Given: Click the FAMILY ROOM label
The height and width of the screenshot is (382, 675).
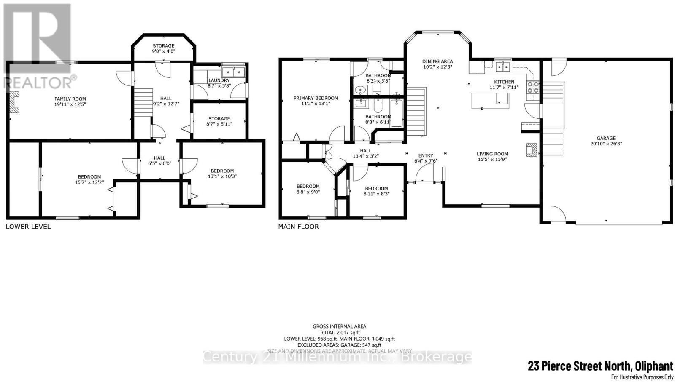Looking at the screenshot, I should pyautogui.click(x=70, y=99).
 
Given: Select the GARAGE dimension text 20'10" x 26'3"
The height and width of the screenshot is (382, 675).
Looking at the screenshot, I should pyautogui.click(x=606, y=144).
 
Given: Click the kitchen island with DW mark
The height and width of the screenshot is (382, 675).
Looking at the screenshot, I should pyautogui.click(x=490, y=101).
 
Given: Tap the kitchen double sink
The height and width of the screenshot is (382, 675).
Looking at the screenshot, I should pyautogui.click(x=502, y=66).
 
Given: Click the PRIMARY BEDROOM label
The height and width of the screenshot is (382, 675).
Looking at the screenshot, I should pyautogui.click(x=316, y=98).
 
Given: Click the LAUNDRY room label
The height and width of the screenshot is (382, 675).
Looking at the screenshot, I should pyautogui.click(x=219, y=80).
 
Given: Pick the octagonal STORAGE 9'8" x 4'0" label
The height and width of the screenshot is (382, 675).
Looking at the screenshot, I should pyautogui.click(x=163, y=46).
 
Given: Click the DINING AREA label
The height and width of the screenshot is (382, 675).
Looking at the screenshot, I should pyautogui.click(x=437, y=61).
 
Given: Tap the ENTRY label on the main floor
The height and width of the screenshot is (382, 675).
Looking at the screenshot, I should pyautogui.click(x=425, y=155).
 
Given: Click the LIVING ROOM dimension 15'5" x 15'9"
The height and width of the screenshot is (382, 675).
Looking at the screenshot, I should pyautogui.click(x=492, y=159).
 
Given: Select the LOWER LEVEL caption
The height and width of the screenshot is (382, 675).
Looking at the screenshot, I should pyautogui.click(x=28, y=227).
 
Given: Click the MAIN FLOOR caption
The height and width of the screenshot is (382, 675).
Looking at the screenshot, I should pyautogui.click(x=298, y=227).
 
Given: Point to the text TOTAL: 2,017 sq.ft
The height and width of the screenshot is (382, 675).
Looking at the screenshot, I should pyautogui.click(x=339, y=332).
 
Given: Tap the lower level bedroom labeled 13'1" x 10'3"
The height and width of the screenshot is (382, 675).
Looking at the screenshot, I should pyautogui.click(x=222, y=174).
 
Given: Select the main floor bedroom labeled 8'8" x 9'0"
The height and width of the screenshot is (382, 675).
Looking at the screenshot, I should pyautogui.click(x=308, y=189).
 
